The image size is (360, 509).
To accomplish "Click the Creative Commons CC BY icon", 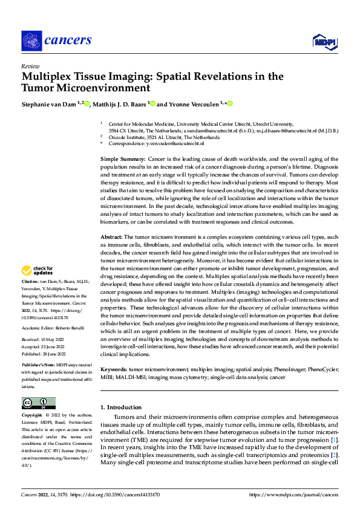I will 38,403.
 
